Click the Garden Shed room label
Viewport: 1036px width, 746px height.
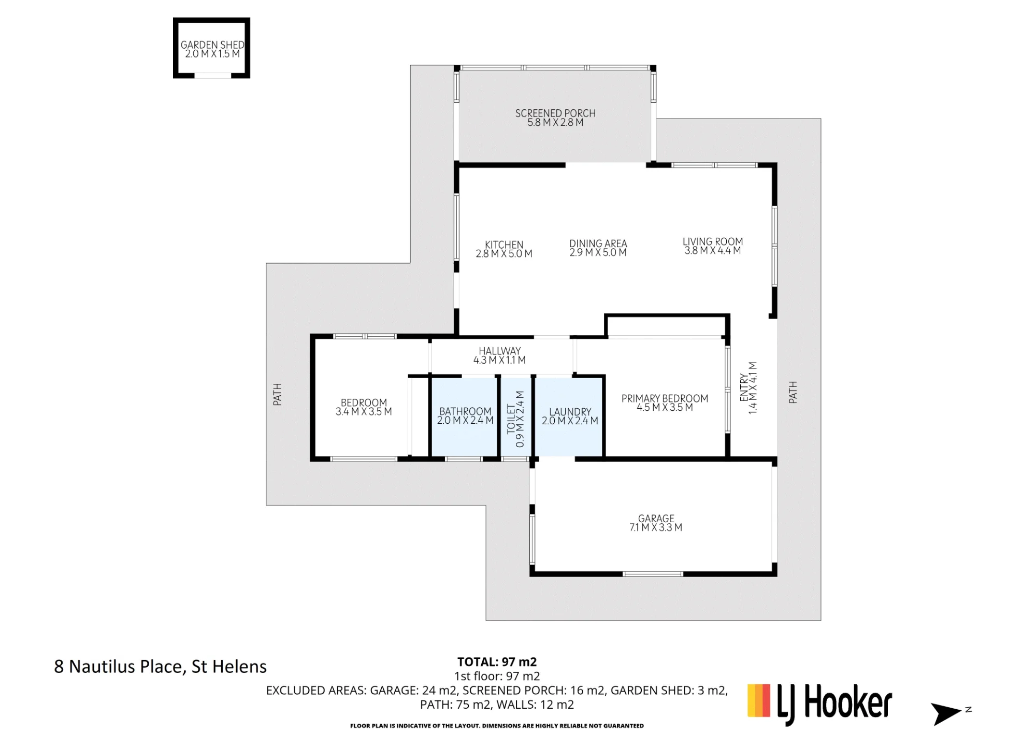tap(212, 45)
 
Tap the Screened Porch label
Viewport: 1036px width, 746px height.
tap(555, 113)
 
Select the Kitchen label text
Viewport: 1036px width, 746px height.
tap(504, 245)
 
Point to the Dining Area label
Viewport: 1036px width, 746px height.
tap(598, 243)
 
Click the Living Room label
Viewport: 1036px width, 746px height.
tap(713, 241)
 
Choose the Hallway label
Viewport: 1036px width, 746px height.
tap(499, 351)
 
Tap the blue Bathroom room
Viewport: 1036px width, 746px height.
tap(465, 417)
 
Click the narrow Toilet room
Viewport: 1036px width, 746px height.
tap(516, 417)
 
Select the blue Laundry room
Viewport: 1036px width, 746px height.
tap(569, 417)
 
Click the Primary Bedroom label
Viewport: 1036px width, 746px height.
tap(665, 398)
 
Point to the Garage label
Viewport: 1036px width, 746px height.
tap(656, 519)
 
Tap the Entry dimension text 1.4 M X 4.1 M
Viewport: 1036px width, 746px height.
tap(753, 388)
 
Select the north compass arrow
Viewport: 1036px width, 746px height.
tap(946, 714)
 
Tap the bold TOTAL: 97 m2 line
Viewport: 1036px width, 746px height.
tap(497, 662)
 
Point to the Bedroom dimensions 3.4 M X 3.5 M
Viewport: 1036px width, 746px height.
tap(364, 412)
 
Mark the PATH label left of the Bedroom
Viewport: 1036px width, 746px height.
tap(277, 395)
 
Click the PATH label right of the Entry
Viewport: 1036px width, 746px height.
tap(793, 392)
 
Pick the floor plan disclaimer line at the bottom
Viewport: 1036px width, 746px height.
tap(497, 726)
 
